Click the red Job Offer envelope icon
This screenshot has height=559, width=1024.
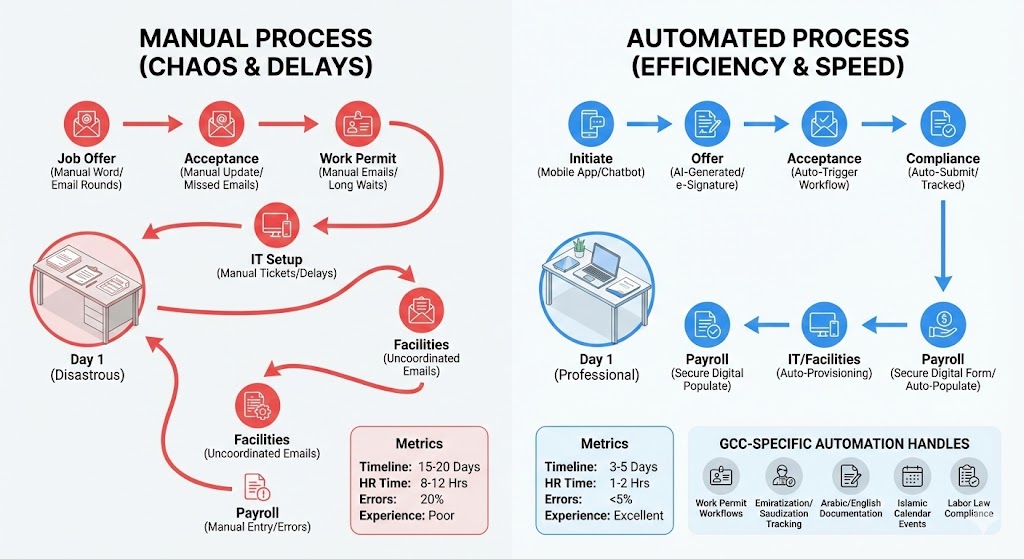(86, 125)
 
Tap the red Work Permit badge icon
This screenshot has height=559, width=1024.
(357, 125)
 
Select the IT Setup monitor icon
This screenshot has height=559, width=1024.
(276, 225)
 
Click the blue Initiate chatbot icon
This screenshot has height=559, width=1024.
(591, 125)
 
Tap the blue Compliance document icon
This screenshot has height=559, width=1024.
(942, 125)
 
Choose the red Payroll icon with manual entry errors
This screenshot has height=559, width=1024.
(256, 489)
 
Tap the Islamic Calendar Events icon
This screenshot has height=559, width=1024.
(912, 475)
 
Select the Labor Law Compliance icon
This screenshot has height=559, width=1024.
(967, 475)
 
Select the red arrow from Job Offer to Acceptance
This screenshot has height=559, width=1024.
(152, 125)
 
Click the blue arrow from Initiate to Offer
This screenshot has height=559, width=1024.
(649, 125)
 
